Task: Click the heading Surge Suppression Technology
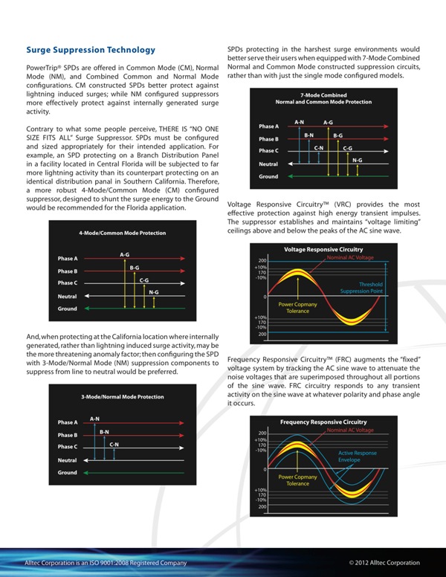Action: pyautogui.click(x=91, y=50)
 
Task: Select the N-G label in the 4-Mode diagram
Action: pyautogui.click(x=153, y=291)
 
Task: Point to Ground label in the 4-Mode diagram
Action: pyautogui.click(x=68, y=308)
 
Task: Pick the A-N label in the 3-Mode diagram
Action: pyautogui.click(x=94, y=419)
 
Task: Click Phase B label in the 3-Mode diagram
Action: pyautogui.click(x=68, y=435)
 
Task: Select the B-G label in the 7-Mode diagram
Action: pyautogui.click(x=338, y=135)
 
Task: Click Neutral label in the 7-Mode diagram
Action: pyautogui.click(x=268, y=164)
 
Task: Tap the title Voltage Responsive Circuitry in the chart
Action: pyautogui.click(x=324, y=249)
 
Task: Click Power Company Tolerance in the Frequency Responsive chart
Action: pyautogui.click(x=297, y=480)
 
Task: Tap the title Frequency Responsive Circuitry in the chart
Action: pyautogui.click(x=323, y=422)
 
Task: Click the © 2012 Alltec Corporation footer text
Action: pyautogui.click(x=384, y=563)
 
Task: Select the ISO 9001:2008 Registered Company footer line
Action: pyautogui.click(x=104, y=563)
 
